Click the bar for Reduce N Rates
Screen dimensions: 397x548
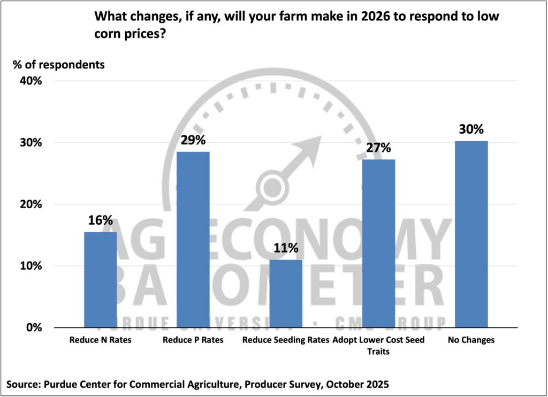click(x=100, y=279)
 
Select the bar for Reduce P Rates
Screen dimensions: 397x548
click(x=193, y=239)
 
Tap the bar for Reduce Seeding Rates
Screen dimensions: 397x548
click(x=286, y=293)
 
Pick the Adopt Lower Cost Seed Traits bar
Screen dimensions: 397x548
click(x=378, y=243)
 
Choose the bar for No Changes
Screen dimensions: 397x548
click(x=471, y=234)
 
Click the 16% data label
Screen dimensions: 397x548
click(x=101, y=220)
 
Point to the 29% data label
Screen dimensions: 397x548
click(x=193, y=140)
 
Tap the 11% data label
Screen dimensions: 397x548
click(x=286, y=248)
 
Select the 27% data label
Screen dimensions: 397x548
click(x=378, y=148)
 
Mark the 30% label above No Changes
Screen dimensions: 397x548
click(x=471, y=129)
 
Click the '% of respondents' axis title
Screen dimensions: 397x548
click(x=59, y=65)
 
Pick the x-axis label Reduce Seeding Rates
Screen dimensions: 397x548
click(x=286, y=340)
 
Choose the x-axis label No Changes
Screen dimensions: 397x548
click(x=471, y=340)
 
